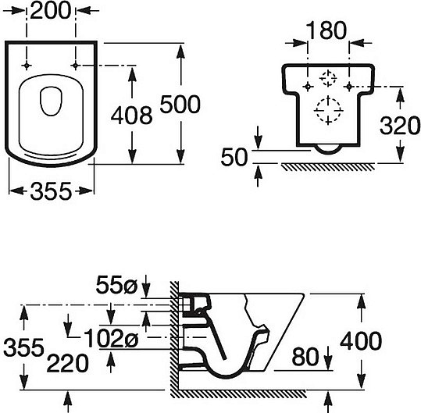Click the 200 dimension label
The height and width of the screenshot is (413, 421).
(x=51, y=11)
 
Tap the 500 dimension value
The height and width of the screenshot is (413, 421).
(x=180, y=104)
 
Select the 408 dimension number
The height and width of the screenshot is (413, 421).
(x=131, y=116)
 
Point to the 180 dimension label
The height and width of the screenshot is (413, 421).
(x=326, y=30)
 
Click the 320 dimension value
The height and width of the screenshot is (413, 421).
(x=400, y=126)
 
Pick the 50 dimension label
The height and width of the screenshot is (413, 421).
(x=234, y=157)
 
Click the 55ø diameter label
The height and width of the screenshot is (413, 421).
(x=116, y=285)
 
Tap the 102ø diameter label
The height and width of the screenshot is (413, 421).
(x=111, y=338)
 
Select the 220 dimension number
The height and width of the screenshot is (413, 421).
(x=67, y=363)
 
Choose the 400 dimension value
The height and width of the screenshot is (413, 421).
(x=361, y=341)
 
